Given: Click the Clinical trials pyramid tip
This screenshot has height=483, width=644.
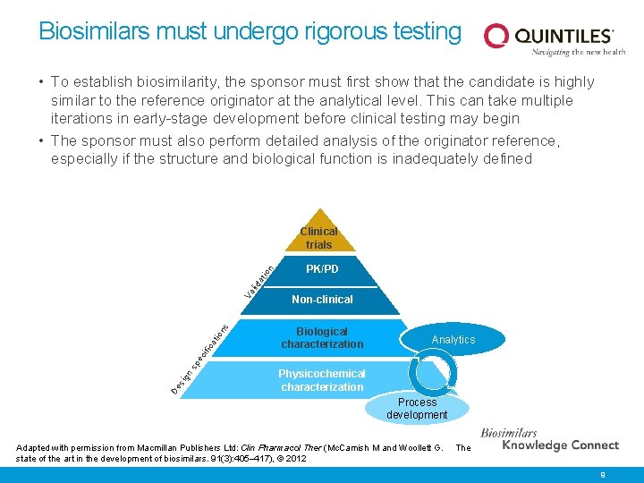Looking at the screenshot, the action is tap(319, 238).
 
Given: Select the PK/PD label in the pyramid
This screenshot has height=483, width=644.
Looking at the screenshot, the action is tap(322, 268).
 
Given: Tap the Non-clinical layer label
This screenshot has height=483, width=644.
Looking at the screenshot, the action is tap(322, 300).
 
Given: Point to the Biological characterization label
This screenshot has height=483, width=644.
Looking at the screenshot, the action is tap(322, 338).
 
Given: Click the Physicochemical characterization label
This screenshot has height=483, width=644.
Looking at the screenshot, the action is tap(322, 380).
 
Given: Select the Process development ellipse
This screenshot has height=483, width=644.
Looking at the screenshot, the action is tap(417, 409).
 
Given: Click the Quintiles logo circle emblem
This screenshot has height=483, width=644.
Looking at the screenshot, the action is tap(496, 36).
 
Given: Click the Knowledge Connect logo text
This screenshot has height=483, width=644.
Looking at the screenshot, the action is tap(561, 445).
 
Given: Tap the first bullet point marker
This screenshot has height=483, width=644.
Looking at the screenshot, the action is tap(42, 82).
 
